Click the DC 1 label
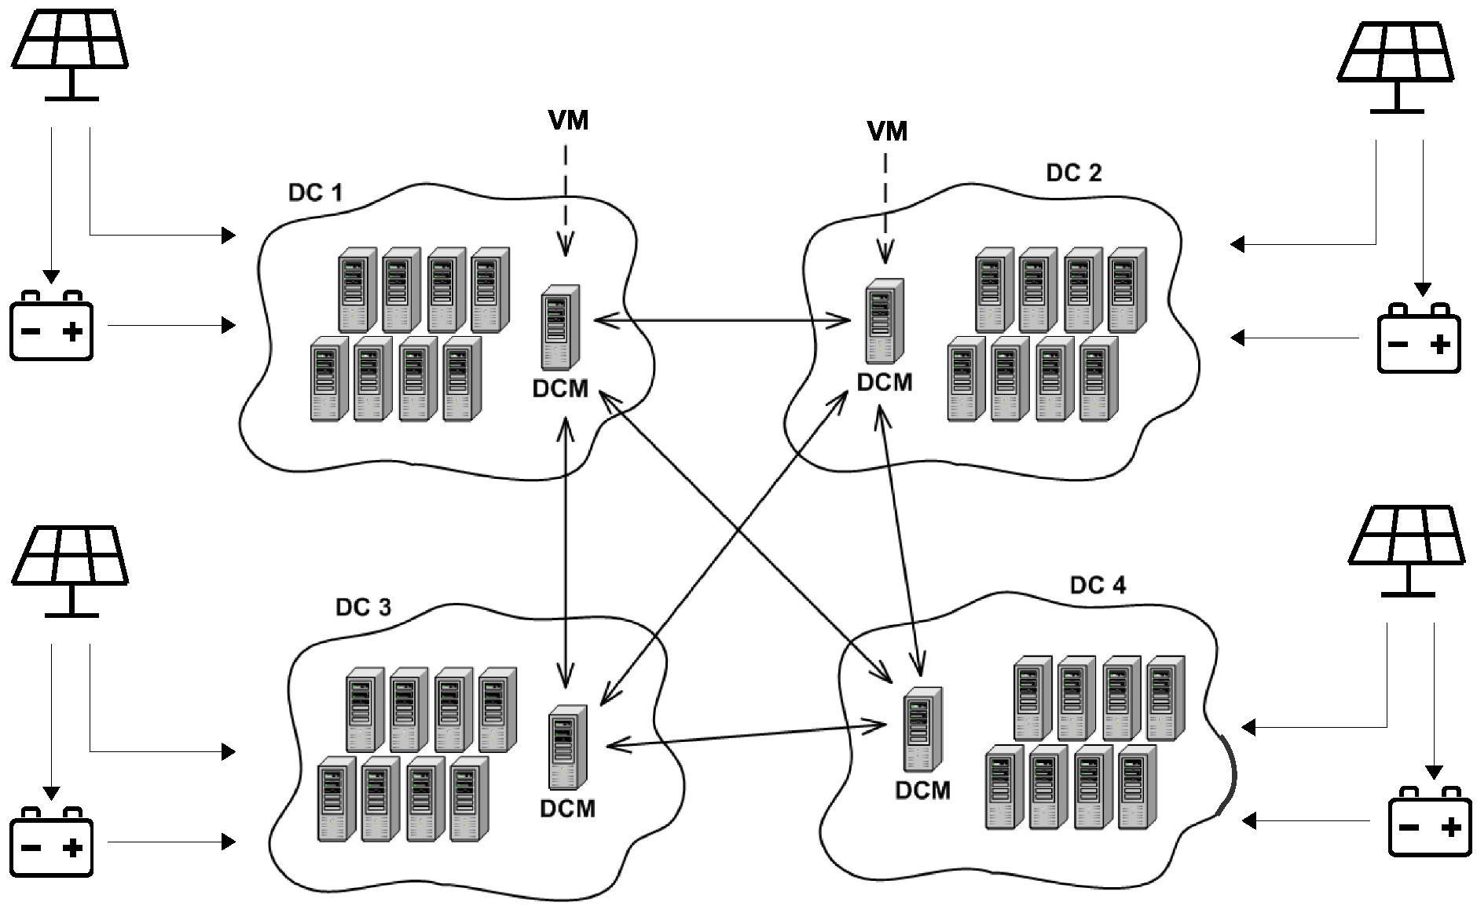(x=315, y=192)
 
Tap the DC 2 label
(x=1073, y=173)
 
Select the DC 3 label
(x=362, y=607)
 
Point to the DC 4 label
(x=1097, y=585)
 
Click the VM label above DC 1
(x=568, y=120)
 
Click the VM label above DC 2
(x=887, y=130)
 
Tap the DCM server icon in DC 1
(x=560, y=327)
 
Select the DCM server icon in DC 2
(x=885, y=320)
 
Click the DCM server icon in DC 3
(x=567, y=747)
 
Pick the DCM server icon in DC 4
(x=922, y=729)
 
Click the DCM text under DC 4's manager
(x=922, y=790)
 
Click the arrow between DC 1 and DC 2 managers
(x=723, y=320)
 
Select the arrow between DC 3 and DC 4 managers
(x=746, y=736)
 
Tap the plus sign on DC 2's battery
(x=1439, y=345)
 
